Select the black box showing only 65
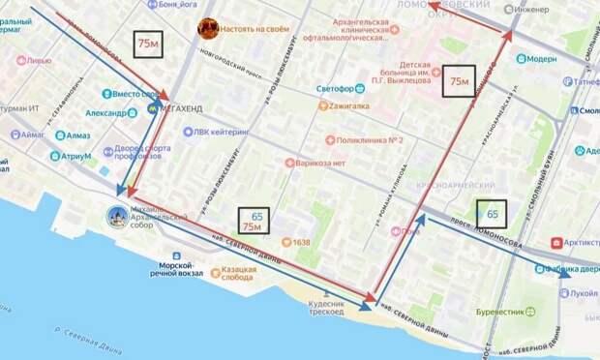492,213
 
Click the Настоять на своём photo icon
208,28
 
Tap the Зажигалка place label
355,106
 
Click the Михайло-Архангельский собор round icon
117,216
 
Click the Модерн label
542,58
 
